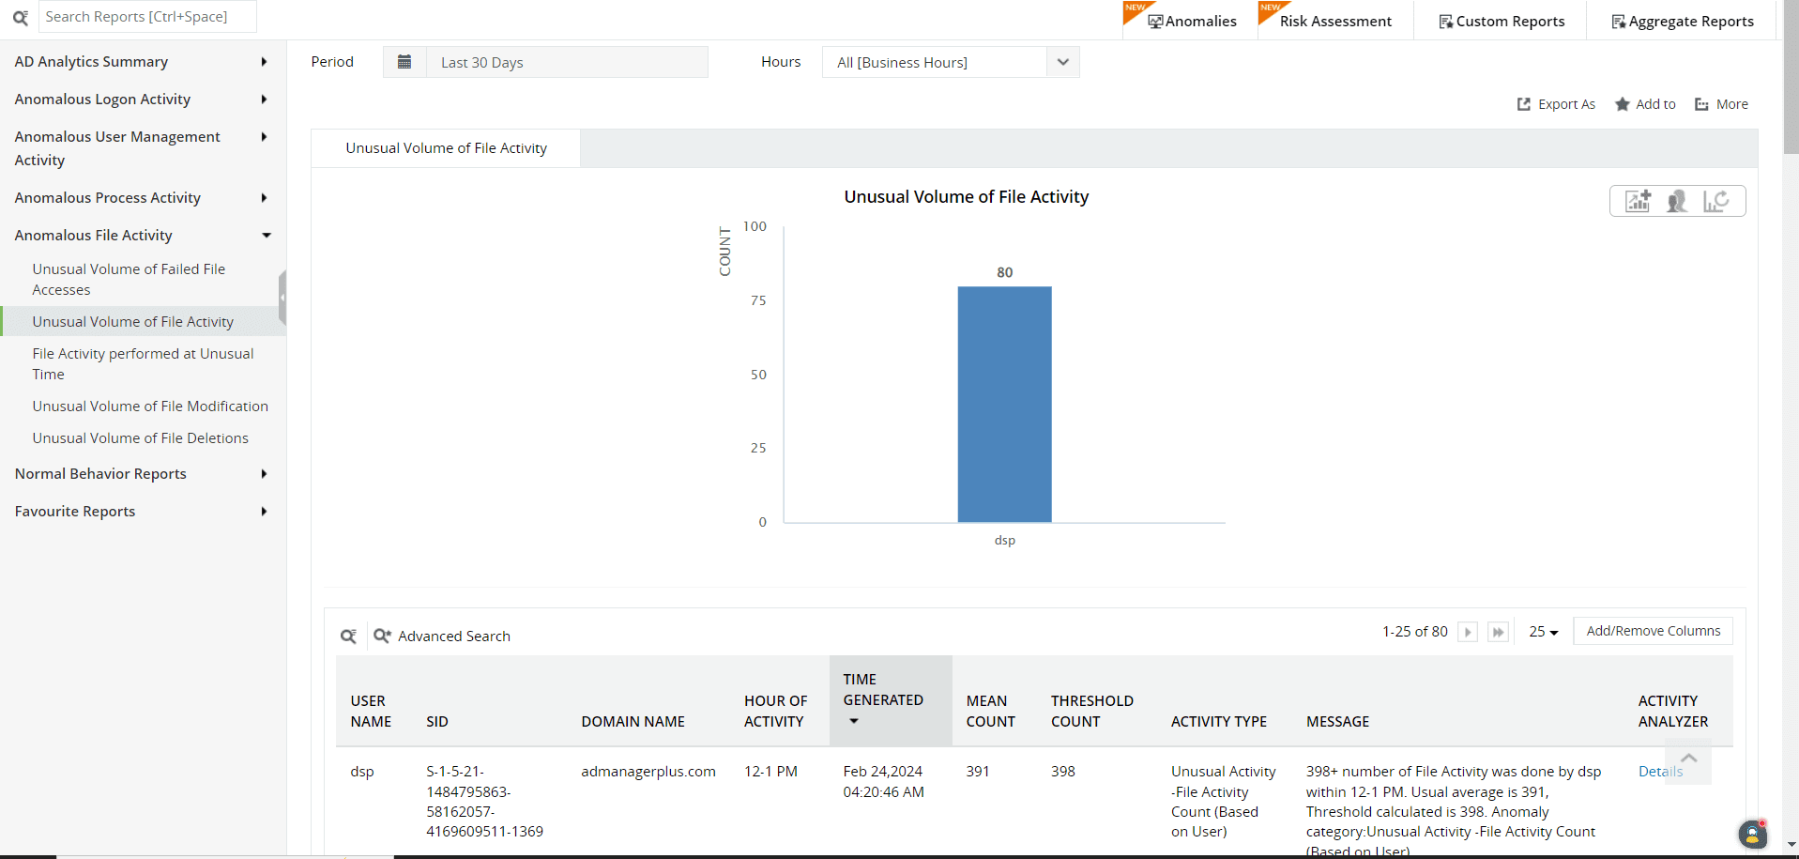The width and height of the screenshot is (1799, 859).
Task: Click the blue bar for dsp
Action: coord(1004,404)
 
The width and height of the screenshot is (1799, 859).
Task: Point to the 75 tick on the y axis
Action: coord(758,300)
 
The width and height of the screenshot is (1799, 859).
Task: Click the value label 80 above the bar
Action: coord(1004,272)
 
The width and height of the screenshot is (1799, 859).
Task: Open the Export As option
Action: coord(1556,104)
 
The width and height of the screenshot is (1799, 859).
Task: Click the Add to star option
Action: coord(1645,104)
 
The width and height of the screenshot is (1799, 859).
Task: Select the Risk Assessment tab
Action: coord(1334,21)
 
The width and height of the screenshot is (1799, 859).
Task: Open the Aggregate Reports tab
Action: coord(1683,21)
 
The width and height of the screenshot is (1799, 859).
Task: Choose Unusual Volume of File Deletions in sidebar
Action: coord(140,438)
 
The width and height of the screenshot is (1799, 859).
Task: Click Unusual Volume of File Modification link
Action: coord(150,406)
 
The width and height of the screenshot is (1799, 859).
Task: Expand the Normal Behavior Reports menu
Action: coord(100,474)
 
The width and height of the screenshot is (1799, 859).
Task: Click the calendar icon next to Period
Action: coord(404,62)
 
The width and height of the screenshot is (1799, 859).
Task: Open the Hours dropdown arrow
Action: coord(1062,62)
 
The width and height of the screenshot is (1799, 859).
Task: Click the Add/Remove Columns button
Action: coord(1653,631)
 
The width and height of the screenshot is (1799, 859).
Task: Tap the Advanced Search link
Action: coord(453,637)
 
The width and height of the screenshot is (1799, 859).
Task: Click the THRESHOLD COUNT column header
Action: coord(1091,711)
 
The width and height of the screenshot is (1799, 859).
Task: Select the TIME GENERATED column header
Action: coord(882,690)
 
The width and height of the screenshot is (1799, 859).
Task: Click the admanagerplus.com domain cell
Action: coord(648,772)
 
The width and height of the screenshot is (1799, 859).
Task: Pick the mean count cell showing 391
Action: coord(978,772)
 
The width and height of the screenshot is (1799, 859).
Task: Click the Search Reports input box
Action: coord(147,17)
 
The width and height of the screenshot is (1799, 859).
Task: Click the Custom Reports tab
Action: coord(1502,21)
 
